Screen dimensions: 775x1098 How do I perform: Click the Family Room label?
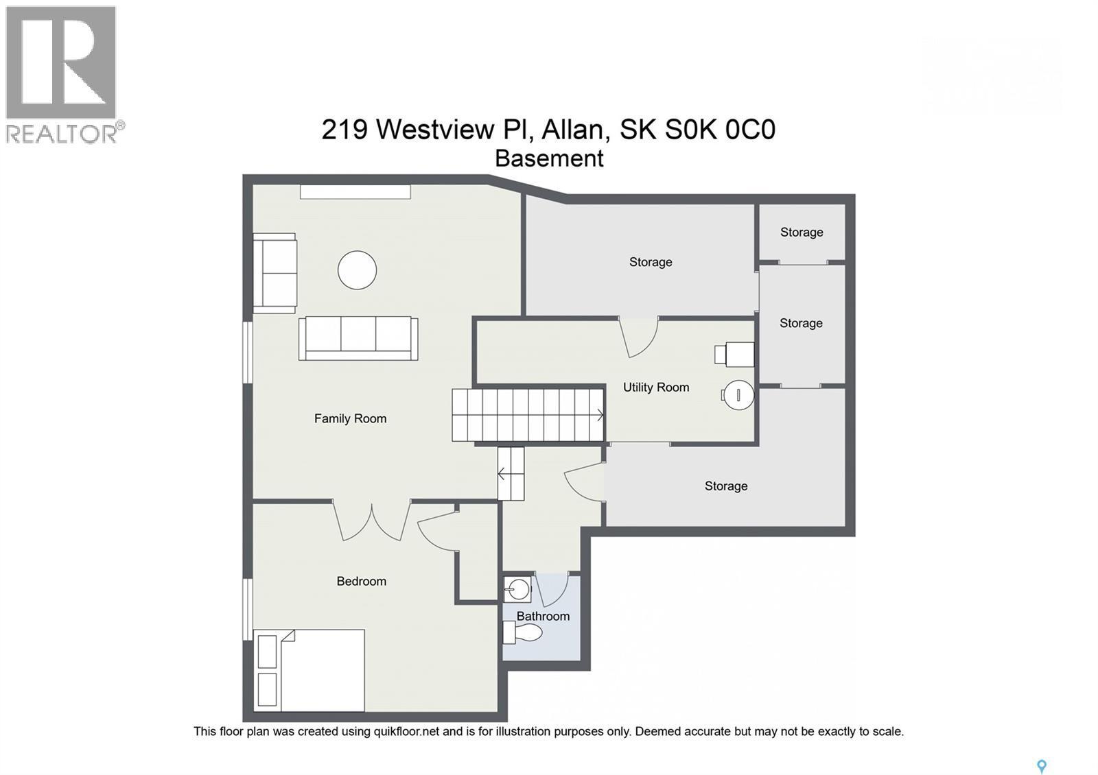[x=350, y=418]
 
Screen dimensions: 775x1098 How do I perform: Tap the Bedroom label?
[x=361, y=581]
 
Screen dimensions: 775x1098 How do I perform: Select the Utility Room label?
[x=655, y=387]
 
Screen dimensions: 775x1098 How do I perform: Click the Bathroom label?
[x=543, y=616]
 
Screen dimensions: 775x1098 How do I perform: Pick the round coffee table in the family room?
[x=357, y=270]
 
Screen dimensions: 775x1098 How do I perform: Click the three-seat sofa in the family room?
[x=358, y=338]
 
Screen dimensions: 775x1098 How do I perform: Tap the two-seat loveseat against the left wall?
[x=274, y=273]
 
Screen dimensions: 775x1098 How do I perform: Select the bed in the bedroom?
[x=309, y=670]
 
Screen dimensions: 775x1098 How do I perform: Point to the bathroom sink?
[x=517, y=588]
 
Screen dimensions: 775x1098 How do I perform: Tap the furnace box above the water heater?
[x=736, y=355]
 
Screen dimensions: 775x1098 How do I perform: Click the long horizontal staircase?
[x=527, y=415]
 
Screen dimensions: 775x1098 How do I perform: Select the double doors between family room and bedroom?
[x=372, y=521]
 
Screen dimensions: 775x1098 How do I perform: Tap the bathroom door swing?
[x=553, y=590]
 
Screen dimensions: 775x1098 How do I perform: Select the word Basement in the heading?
[x=549, y=158]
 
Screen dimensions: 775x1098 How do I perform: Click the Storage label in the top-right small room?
[x=801, y=232]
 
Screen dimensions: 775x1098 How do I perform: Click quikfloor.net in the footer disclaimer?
[x=406, y=732]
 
